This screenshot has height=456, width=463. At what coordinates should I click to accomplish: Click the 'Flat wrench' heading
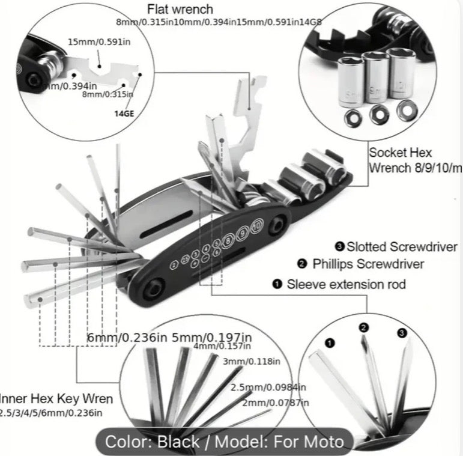click(180, 9)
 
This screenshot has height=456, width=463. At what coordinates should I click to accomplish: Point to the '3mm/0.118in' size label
click(251, 362)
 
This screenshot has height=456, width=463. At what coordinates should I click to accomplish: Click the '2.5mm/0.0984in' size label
click(268, 387)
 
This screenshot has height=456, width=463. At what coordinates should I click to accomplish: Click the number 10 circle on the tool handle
click(257, 226)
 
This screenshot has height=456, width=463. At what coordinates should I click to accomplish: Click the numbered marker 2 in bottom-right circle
click(363, 327)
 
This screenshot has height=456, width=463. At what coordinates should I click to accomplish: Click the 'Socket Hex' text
click(400, 153)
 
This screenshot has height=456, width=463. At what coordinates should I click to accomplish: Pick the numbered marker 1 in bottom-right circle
click(329, 343)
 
